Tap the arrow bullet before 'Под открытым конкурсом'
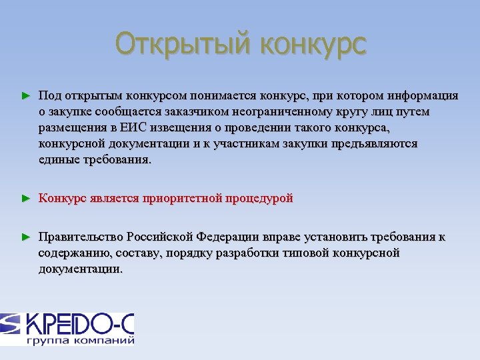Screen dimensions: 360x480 26,97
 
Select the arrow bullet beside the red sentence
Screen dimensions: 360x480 26,199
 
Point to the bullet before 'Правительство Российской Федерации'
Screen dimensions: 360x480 26,237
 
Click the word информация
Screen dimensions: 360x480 425,96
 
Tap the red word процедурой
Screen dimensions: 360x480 260,199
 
